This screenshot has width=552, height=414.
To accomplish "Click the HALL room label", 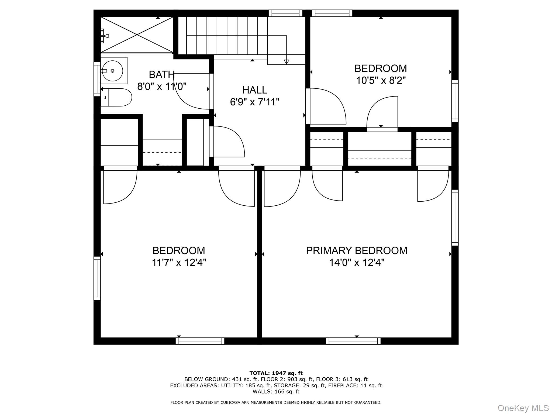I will point(254,90).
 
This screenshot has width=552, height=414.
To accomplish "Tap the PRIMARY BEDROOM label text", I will point(356,251).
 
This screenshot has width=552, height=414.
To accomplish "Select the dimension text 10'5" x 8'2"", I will point(381,80).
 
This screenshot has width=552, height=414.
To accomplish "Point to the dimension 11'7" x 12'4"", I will point(179,263).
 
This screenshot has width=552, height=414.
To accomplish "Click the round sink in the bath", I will point(112,71).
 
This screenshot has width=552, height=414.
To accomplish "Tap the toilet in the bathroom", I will point(116,97).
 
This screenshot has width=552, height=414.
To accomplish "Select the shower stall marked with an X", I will point(137,34).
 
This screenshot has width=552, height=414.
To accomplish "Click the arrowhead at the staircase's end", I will point(286,62).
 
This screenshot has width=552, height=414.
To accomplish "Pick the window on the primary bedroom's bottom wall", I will point(353,341).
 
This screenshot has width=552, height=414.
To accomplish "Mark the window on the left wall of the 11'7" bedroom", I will point(97,278).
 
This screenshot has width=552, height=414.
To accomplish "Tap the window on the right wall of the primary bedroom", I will point(455,218).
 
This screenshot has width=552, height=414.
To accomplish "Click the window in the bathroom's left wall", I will point(97,79).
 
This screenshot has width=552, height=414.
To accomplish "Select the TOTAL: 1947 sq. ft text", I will point(276,373).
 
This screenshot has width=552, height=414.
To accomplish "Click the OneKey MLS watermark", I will point(523,408).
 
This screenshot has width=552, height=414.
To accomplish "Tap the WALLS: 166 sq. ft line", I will point(276,392).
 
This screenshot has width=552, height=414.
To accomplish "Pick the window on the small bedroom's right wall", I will point(455,101).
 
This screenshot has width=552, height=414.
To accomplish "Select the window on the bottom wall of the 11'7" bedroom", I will point(200,341).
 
